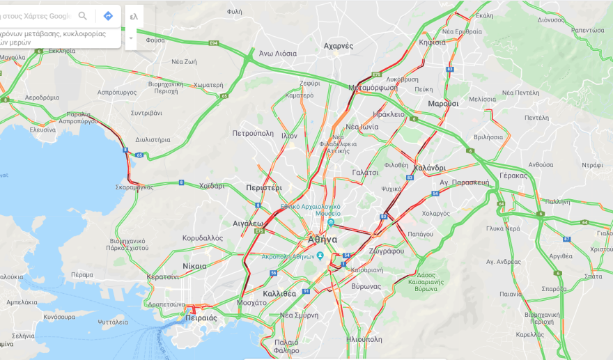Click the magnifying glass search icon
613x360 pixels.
click(83, 16)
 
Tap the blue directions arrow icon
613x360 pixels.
click(108, 16)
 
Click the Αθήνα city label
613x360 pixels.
click(322, 239)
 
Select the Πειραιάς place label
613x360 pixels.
click(202, 318)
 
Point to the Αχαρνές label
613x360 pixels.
click(339, 46)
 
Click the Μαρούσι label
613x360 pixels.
click(443, 103)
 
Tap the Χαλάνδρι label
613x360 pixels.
click(429, 168)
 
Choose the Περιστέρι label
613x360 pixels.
click(263, 188)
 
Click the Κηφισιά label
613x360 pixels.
click(432, 42)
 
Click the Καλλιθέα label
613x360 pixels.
click(280, 293)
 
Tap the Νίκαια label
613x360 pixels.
click(194, 266)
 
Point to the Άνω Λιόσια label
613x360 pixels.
click(278, 54)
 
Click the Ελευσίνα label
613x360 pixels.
click(42, 130)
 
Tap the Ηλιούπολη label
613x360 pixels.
click(364, 339)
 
